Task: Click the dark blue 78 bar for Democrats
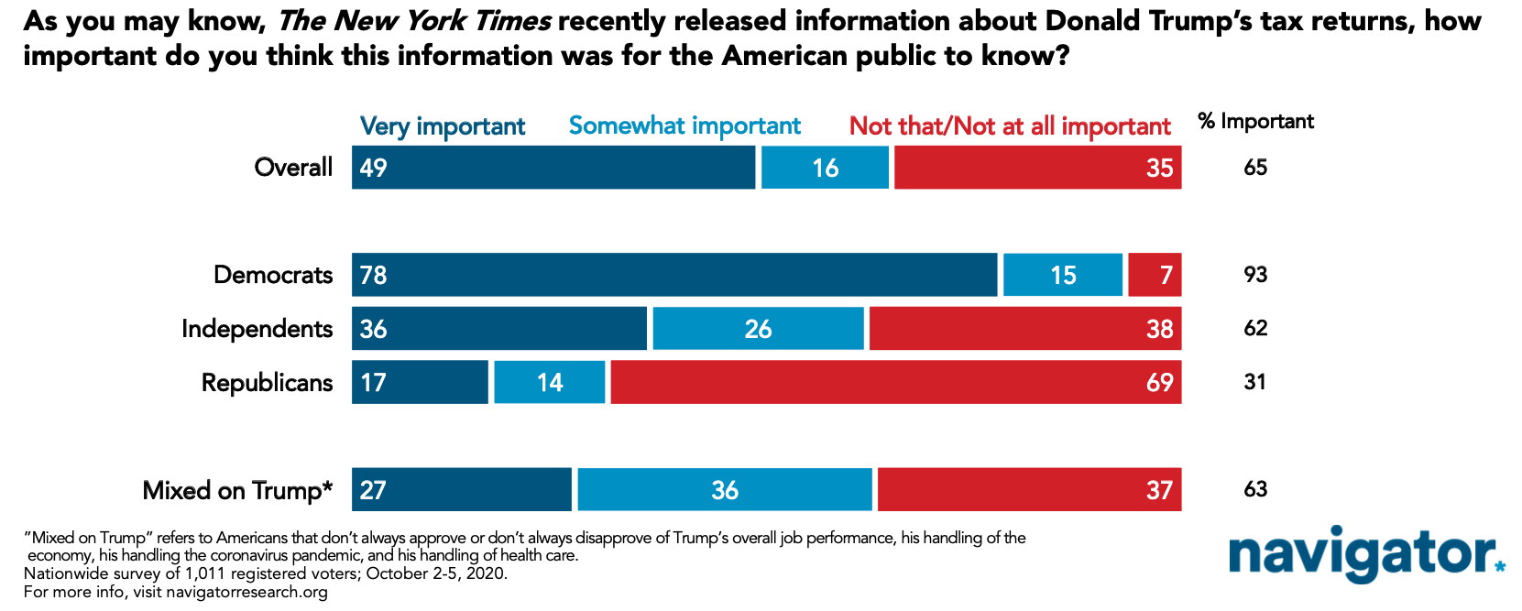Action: coord(674,274)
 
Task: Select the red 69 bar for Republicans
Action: coord(895,382)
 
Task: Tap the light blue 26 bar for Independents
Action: coord(759,329)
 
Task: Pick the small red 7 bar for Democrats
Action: coord(1155,274)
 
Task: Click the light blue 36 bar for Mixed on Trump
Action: coord(725,489)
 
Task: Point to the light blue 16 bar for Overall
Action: coord(825,167)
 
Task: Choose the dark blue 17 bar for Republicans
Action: coord(420,382)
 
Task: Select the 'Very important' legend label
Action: coord(443,126)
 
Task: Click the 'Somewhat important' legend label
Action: coord(684,126)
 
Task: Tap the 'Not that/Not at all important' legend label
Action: coord(1011,126)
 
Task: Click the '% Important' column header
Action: coord(1256,122)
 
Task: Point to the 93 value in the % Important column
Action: coord(1255,274)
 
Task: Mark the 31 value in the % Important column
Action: coord(1255,382)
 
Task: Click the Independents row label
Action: coord(257,329)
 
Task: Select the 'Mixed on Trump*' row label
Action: coord(238,490)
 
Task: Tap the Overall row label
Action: coord(293,167)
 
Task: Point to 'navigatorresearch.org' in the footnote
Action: coord(247,592)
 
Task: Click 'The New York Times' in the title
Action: coord(414,22)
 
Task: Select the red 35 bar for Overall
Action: coord(1037,167)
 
